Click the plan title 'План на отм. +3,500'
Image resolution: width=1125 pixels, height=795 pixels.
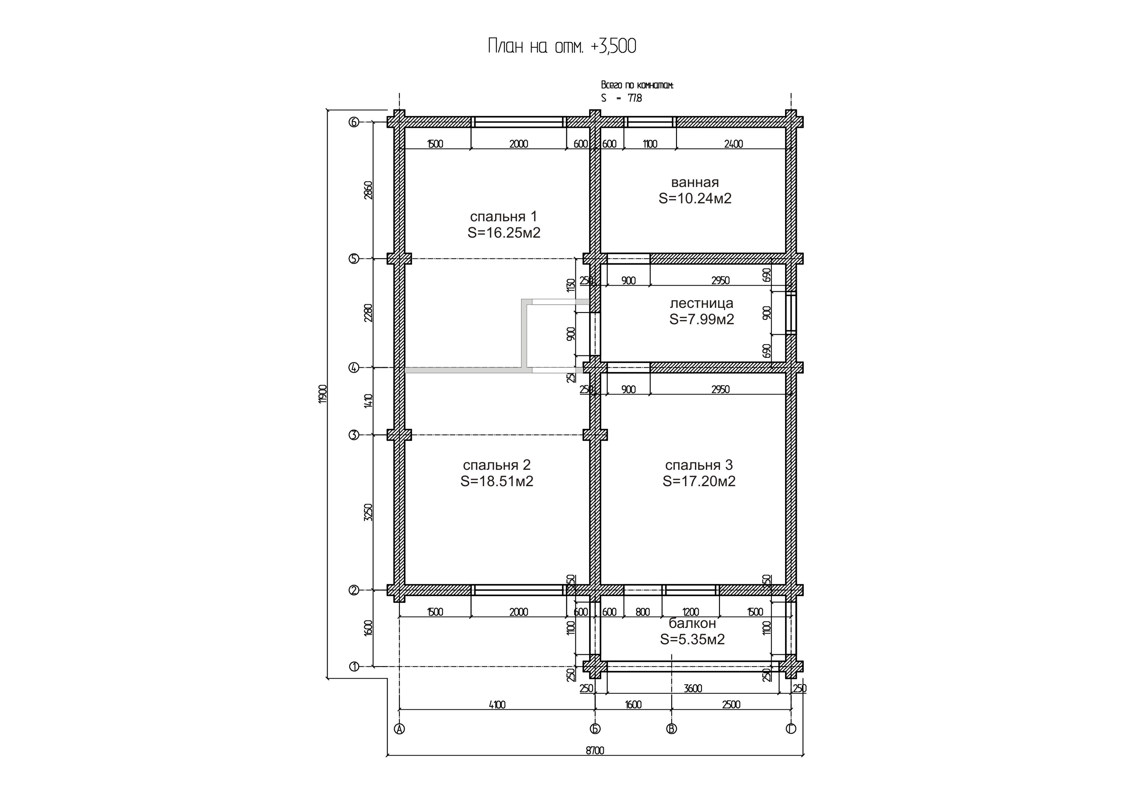[562, 46]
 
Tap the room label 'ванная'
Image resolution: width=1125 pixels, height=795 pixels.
[695, 183]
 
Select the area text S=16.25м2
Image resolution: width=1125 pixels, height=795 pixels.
[504, 233]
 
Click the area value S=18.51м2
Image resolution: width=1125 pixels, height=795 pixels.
[497, 481]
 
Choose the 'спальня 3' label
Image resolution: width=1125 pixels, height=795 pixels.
[699, 465]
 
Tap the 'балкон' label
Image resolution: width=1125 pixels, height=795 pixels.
[692, 623]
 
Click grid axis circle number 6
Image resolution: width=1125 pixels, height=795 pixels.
[354, 122]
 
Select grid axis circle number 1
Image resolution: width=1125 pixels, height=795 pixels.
[354, 666]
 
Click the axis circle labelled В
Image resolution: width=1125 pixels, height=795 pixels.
[671, 729]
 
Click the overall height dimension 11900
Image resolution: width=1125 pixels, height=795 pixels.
[322, 394]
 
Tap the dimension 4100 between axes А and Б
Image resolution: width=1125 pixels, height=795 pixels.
[497, 704]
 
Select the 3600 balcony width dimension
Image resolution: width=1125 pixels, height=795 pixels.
[693, 688]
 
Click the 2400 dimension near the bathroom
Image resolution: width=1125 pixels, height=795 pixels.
[733, 144]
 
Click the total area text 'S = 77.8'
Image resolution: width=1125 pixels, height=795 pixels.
[621, 98]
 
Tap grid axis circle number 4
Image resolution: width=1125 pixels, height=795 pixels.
[354, 368]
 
